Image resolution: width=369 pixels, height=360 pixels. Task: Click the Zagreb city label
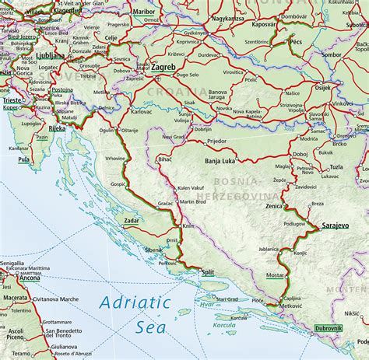164,68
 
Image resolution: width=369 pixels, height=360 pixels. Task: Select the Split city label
208,273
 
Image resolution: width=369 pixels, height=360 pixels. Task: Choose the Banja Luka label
220,163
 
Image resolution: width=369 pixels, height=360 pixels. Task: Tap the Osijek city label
322,87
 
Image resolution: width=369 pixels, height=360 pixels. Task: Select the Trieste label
12,101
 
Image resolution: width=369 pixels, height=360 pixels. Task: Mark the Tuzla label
336,167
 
